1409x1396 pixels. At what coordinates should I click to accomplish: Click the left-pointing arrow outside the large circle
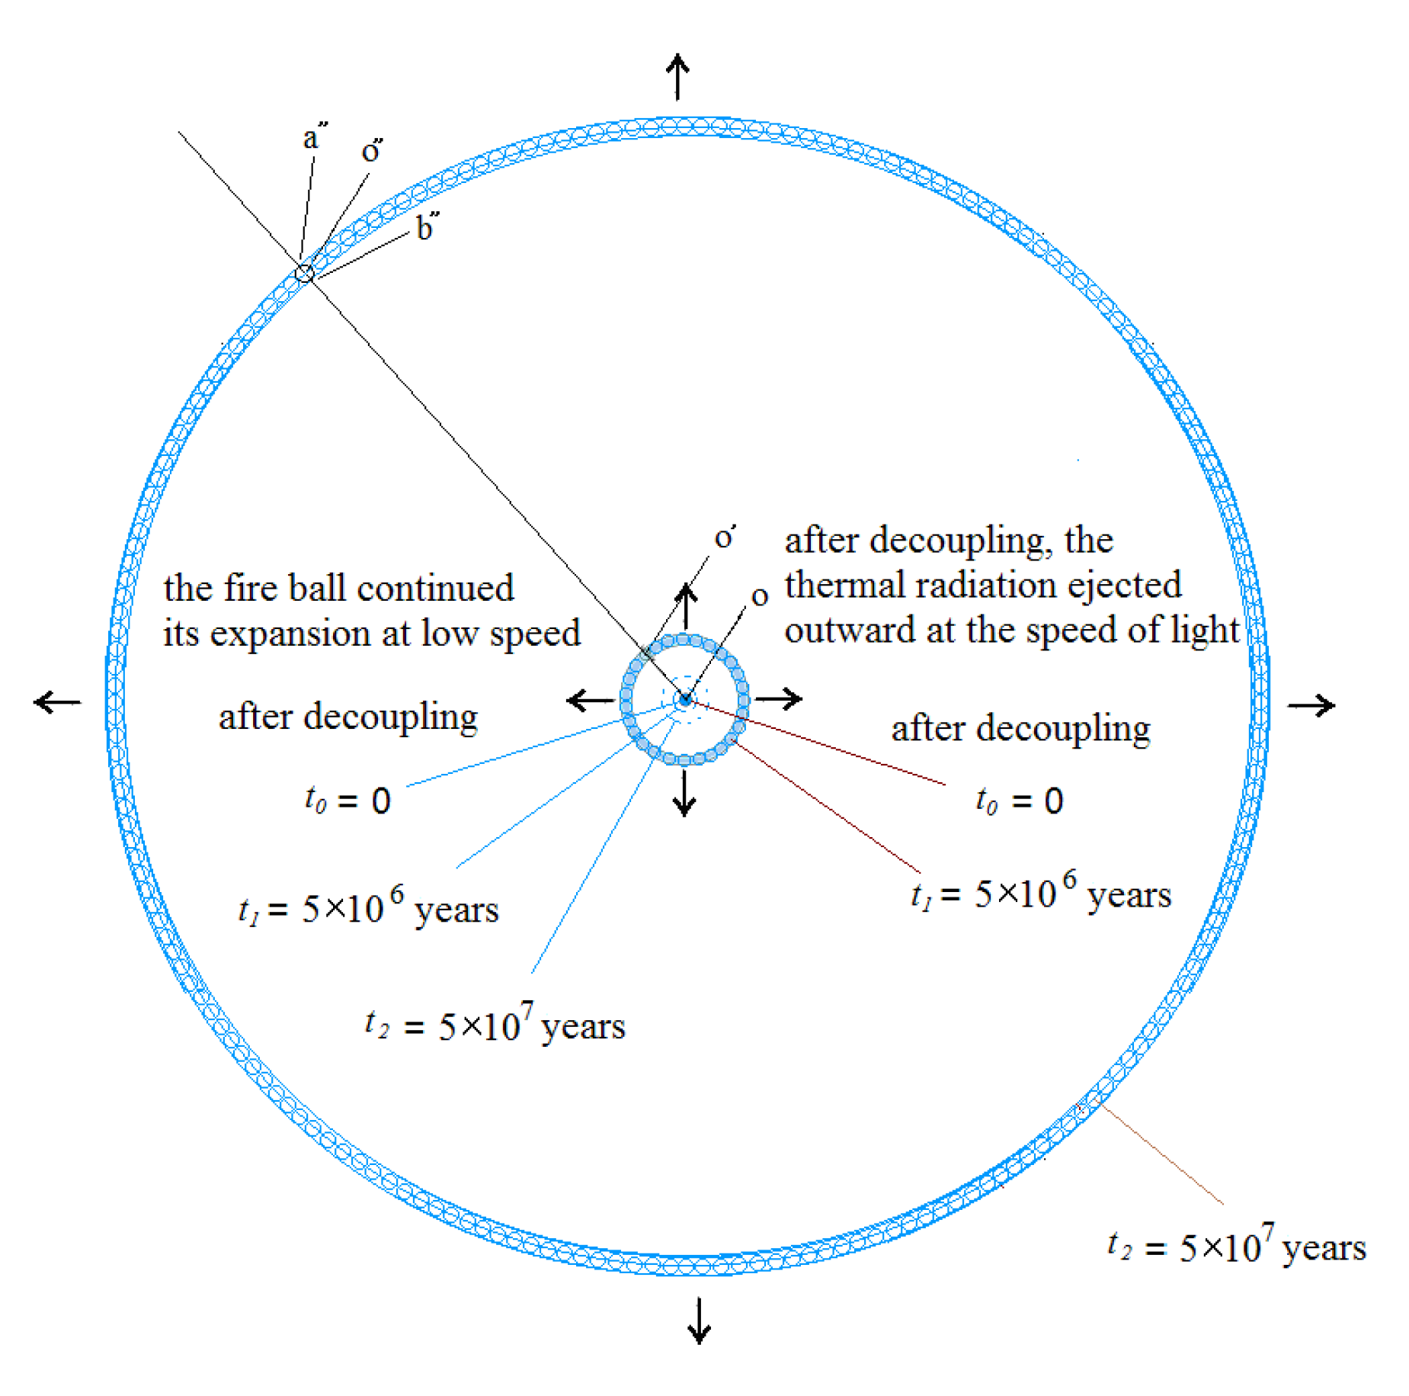coord(58,701)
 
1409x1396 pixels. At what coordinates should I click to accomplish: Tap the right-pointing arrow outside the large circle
coord(1311,705)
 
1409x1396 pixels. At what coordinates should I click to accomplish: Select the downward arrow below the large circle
coord(699,1321)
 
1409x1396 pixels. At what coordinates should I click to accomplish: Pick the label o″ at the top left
coord(372,150)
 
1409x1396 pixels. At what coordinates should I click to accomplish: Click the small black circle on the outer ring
coord(305,273)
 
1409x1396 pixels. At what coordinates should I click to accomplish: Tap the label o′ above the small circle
coord(725,538)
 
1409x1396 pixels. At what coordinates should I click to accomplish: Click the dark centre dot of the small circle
coord(684,698)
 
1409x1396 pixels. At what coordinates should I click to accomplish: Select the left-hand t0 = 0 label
coord(347,801)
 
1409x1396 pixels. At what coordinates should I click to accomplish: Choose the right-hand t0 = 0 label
coord(1019,801)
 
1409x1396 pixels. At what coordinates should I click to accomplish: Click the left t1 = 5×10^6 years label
coord(369,907)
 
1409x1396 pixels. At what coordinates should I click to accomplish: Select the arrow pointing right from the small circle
coord(778,698)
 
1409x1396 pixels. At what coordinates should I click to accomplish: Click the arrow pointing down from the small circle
coord(684,793)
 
